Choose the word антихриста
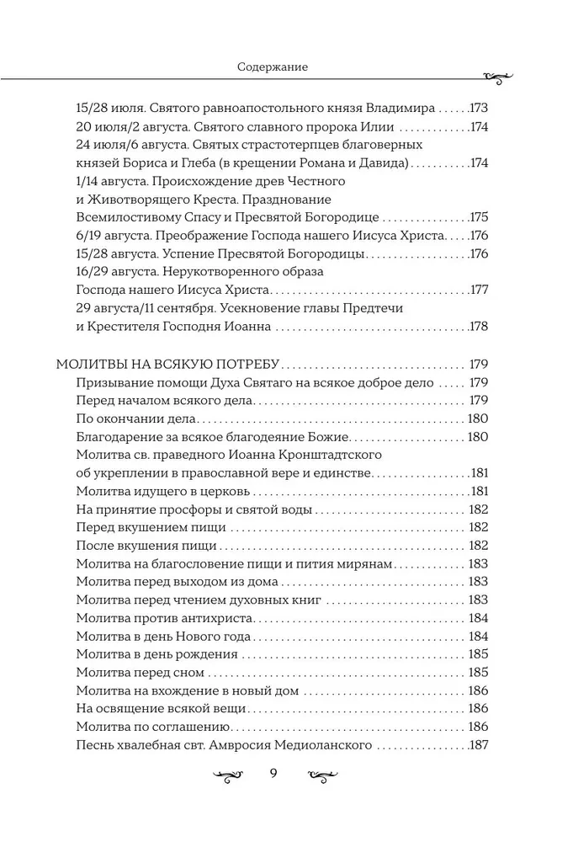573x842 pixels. click(191, 617)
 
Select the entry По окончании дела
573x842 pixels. click(135, 418)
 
